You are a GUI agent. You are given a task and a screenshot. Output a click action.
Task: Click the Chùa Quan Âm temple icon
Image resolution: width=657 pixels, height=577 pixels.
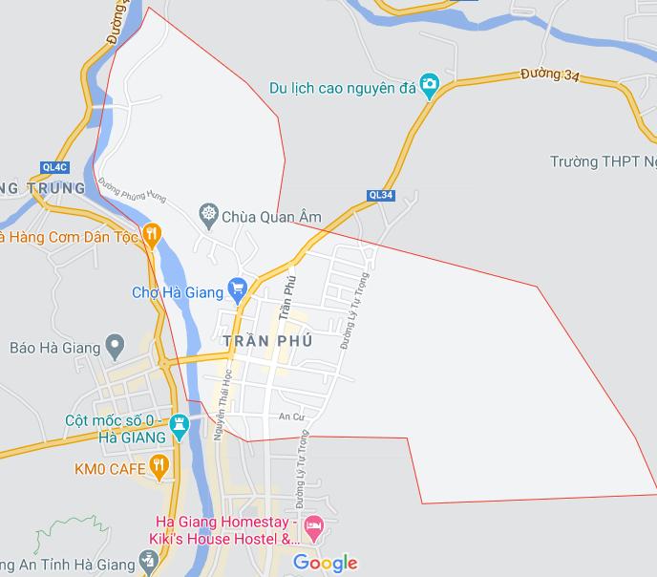(207, 211)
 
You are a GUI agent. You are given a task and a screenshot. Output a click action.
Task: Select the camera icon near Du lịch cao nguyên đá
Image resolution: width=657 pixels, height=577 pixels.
(430, 86)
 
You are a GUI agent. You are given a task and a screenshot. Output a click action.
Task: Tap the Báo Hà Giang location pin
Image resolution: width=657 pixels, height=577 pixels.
(116, 343)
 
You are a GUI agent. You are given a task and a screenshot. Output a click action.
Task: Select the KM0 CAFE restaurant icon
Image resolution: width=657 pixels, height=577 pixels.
(159, 466)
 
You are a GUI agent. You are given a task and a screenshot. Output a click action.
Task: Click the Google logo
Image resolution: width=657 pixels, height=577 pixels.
(325, 563)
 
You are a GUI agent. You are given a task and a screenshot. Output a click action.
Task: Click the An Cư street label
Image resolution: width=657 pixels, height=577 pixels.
(289, 417)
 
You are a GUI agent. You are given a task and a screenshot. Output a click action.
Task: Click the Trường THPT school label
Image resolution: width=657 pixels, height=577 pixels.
(603, 161)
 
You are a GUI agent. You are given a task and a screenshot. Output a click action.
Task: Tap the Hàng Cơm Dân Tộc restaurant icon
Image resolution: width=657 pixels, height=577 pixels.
(153, 235)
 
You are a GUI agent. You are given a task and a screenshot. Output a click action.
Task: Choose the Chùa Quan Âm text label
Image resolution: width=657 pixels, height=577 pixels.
(271, 217)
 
